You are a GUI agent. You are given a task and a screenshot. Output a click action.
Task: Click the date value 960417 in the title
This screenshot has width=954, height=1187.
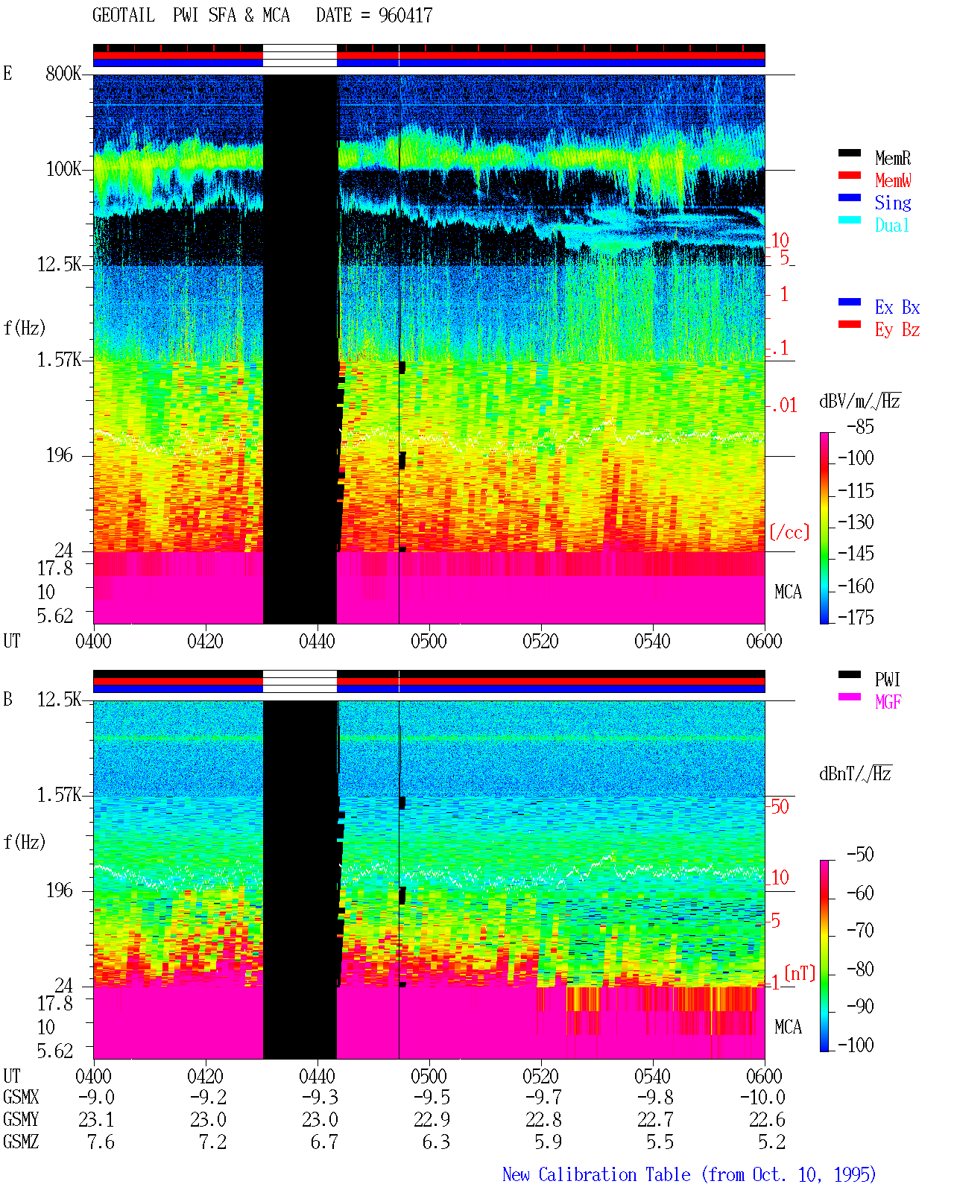[x=405, y=15]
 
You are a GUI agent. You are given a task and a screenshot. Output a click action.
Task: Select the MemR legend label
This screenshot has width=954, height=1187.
[x=893, y=158]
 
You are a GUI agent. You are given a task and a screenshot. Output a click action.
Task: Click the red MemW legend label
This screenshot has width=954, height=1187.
[x=893, y=180]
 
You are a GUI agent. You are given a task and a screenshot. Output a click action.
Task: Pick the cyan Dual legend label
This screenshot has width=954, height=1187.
[x=892, y=225]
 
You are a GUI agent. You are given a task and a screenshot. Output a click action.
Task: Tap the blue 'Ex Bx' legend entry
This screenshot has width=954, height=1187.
[x=897, y=307]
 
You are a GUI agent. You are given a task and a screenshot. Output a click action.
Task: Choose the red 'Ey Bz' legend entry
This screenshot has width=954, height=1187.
[x=897, y=330]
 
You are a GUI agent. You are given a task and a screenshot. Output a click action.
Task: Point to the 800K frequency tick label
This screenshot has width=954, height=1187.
[x=63, y=73]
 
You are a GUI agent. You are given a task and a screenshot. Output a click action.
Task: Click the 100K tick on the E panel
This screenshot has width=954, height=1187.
[x=63, y=169]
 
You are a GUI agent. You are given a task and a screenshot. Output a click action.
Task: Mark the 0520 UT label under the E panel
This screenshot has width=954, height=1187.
[x=540, y=641]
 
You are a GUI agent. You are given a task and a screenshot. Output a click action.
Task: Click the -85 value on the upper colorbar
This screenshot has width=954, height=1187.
[x=860, y=426]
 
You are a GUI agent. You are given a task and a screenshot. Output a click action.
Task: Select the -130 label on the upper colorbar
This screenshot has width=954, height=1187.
[x=856, y=522]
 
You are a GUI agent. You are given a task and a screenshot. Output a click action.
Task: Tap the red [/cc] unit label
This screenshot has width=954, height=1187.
[x=789, y=532]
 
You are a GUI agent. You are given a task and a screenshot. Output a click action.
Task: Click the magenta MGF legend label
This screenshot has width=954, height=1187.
[x=888, y=702]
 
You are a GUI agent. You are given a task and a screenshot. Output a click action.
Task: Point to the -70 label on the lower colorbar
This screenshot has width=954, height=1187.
[x=860, y=930]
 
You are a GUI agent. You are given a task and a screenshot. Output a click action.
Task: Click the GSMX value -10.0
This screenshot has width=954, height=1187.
[x=762, y=1097]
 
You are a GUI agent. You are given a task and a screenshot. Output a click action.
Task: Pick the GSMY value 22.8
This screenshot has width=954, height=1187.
[x=543, y=1119]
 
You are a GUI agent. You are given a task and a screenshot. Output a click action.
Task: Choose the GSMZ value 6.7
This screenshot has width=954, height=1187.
[x=324, y=1142]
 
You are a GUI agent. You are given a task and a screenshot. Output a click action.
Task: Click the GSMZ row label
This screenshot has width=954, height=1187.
[x=21, y=1142]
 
